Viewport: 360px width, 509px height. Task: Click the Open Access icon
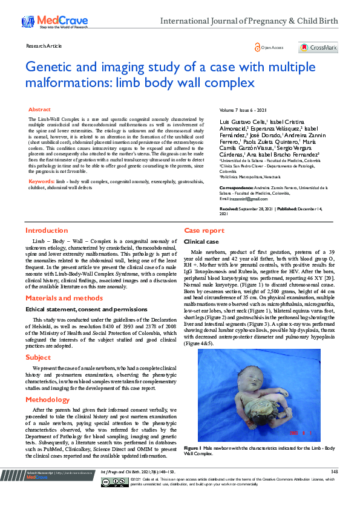tap(258, 47)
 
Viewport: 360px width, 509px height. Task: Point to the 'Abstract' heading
tap(40, 109)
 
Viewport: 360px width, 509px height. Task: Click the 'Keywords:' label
tap(41, 181)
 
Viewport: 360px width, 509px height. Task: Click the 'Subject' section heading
tap(38, 357)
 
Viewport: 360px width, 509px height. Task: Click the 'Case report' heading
tap(205, 230)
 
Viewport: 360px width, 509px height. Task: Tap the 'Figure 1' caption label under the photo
tap(192, 447)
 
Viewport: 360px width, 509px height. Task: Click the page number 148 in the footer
tap(334, 472)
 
